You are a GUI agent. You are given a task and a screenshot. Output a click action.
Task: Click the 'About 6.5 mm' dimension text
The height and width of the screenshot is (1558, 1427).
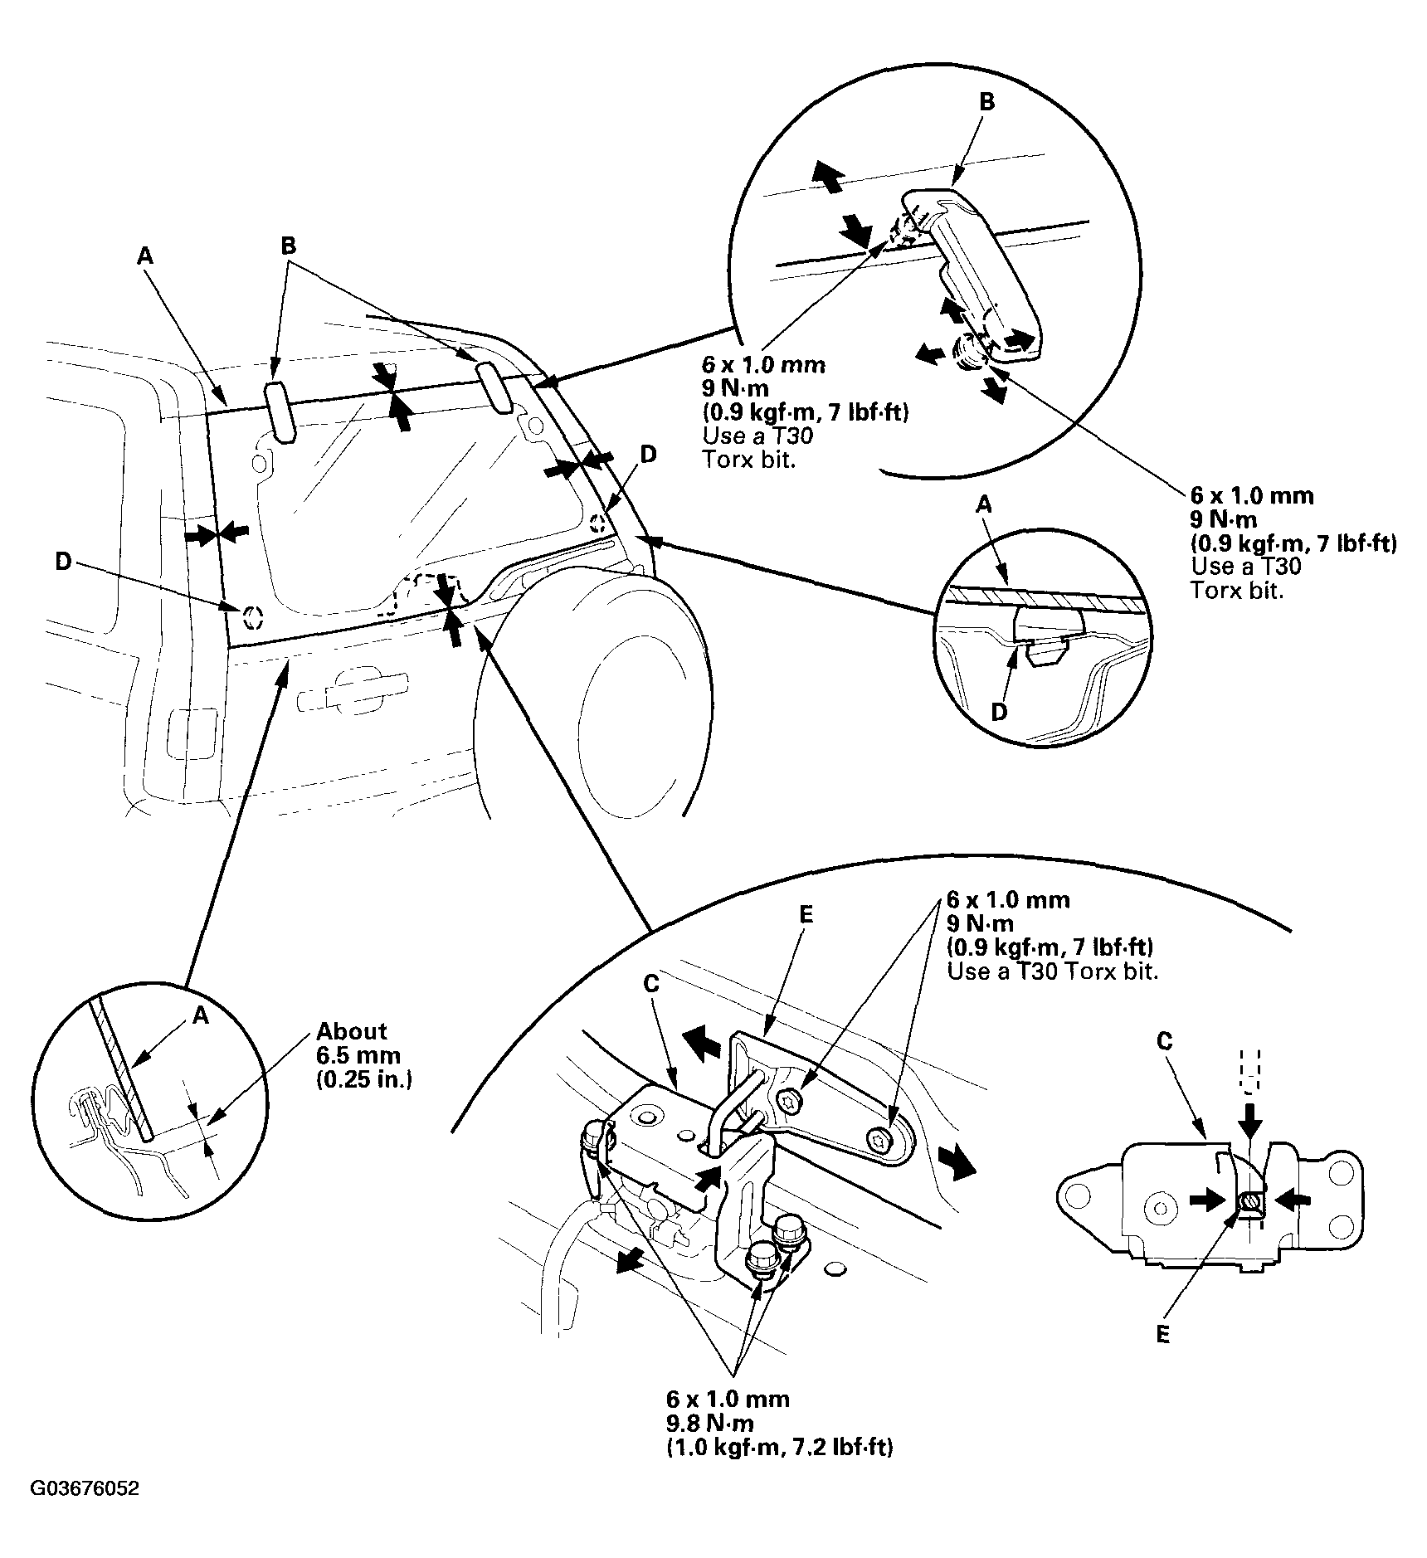(x=352, y=1043)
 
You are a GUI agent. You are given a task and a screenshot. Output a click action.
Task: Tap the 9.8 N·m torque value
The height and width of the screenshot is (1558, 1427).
(x=710, y=1424)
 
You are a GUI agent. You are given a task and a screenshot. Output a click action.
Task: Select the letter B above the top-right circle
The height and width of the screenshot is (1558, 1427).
(x=986, y=102)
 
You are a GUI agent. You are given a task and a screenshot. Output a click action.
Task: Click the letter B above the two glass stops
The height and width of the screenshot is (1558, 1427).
(x=289, y=246)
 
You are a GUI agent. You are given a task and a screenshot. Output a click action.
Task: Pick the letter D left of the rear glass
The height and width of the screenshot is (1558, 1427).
(x=63, y=562)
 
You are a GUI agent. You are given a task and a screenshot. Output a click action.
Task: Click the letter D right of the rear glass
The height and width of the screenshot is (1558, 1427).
(x=648, y=454)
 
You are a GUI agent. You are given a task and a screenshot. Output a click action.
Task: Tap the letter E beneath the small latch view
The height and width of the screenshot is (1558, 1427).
(x=1162, y=1335)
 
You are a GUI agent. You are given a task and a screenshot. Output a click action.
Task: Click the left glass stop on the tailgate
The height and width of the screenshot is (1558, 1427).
(x=280, y=412)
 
